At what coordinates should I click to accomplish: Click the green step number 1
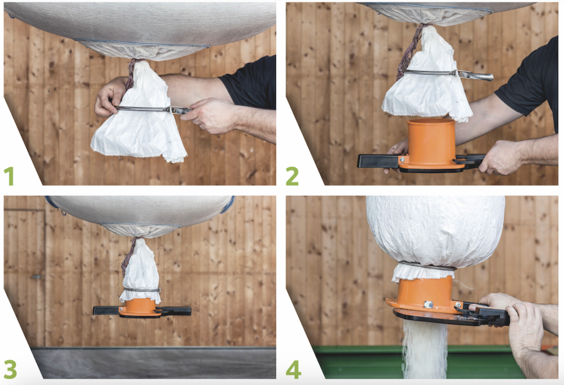pos(9,176)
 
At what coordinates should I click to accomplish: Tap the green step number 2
pos(292,176)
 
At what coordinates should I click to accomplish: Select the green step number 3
pos(10,369)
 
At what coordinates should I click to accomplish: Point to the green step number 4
pos(293,370)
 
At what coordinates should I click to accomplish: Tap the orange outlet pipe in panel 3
pos(140,306)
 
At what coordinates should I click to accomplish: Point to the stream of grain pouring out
pos(425,349)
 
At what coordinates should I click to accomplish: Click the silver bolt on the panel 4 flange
pos(428,305)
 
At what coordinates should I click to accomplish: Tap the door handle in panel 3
pos(36,276)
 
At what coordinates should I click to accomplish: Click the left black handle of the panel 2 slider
pos(378,161)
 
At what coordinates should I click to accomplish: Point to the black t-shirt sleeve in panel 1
pos(250,83)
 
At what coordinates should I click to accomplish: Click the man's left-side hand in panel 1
pos(110,96)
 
